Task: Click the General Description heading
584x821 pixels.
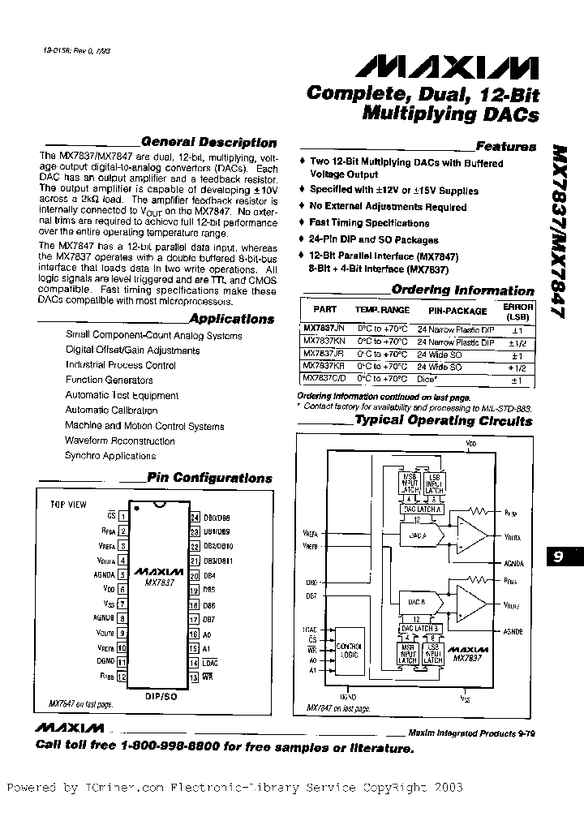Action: click(x=208, y=142)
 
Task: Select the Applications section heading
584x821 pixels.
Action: click(x=231, y=319)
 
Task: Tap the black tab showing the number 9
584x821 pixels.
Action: click(x=559, y=557)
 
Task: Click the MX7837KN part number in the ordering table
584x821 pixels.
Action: click(x=318, y=343)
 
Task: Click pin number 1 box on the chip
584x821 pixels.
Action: click(x=122, y=515)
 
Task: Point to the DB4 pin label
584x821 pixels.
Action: click(x=209, y=576)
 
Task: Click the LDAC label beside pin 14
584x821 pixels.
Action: click(x=211, y=664)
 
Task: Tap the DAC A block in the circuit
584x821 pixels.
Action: click(x=415, y=536)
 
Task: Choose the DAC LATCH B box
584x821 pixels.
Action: click(x=419, y=628)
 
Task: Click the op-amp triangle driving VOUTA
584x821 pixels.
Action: click(x=473, y=536)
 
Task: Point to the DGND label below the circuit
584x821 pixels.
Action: click(x=348, y=697)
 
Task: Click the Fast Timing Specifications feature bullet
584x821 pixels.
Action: click(x=369, y=223)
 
